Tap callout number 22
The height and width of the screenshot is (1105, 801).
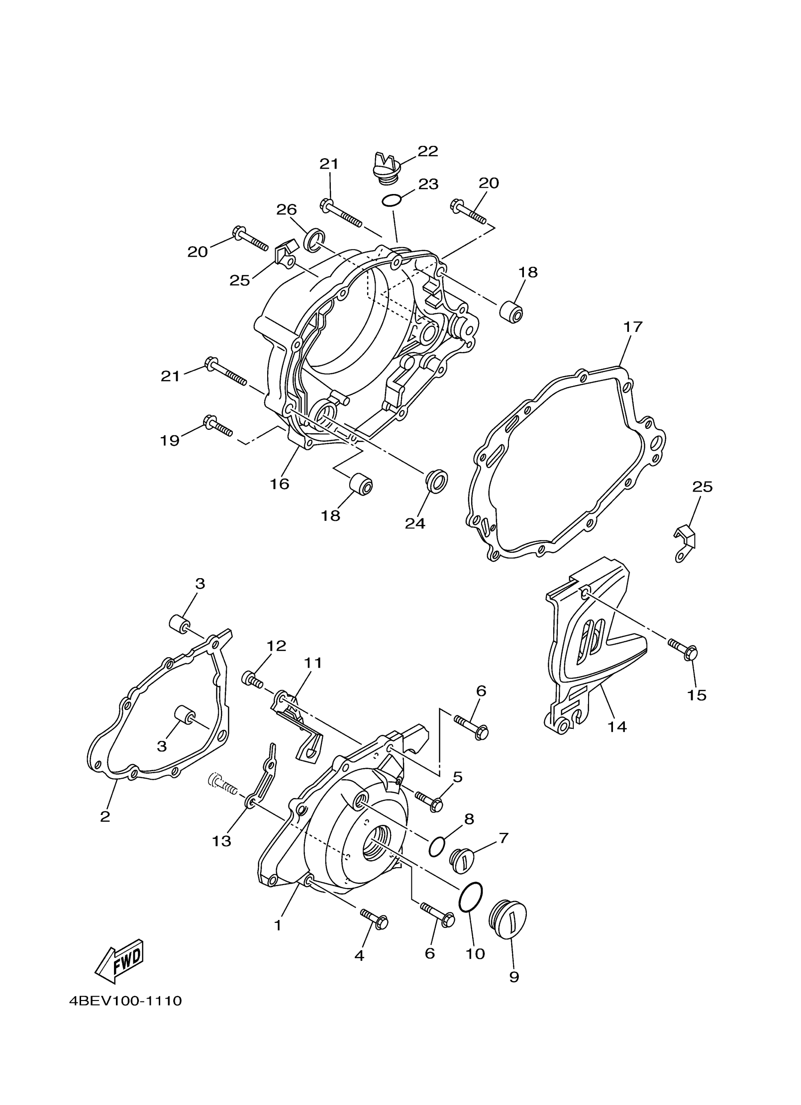pos(427,151)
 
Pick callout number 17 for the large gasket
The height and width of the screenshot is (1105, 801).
pos(633,326)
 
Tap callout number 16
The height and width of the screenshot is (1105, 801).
pos(280,484)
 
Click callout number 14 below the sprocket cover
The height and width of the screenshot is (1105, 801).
pos(617,741)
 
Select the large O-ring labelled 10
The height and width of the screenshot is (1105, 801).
pos(470,896)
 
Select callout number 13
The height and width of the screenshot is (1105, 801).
pos(221,840)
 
